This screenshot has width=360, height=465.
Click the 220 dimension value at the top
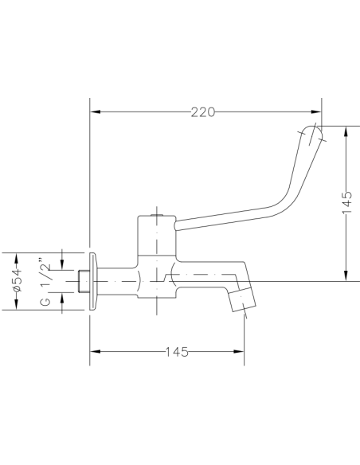point(204,112)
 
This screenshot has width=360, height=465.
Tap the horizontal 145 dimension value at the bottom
point(178,352)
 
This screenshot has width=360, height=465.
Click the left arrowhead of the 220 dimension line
point(92,112)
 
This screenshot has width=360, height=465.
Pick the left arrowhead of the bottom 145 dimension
point(92,352)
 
